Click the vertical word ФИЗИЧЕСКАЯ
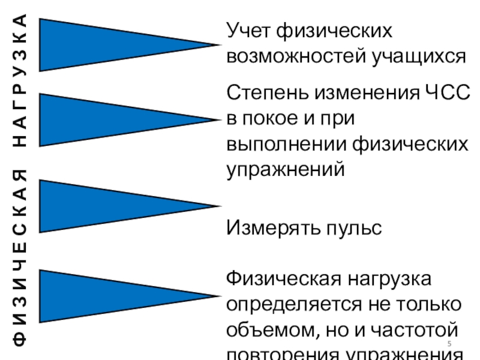coord(22,258)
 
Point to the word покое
coord(274,119)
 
